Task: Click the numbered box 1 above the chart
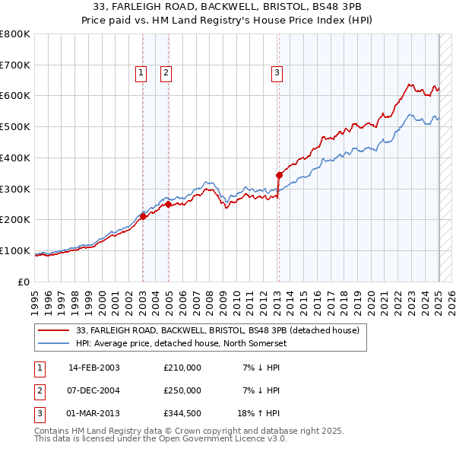click(x=141, y=73)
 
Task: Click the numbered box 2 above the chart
click(x=166, y=73)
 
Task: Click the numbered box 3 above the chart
click(x=277, y=73)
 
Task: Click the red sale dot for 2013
click(x=279, y=175)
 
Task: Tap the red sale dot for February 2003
click(x=143, y=217)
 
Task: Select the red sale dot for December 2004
click(x=168, y=204)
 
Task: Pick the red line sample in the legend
click(x=55, y=330)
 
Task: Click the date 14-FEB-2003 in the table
click(x=94, y=368)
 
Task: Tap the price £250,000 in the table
click(x=182, y=390)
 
